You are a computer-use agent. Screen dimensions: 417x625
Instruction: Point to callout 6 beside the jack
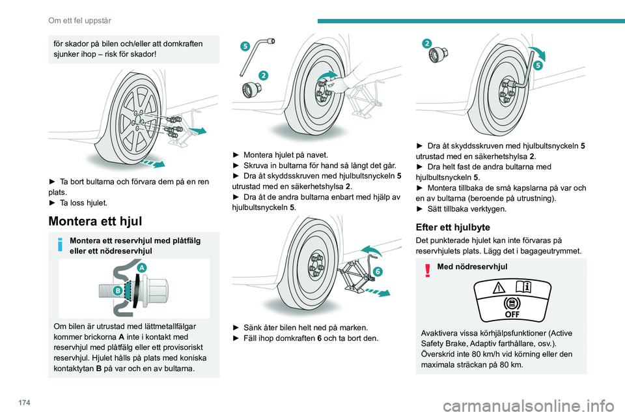(378, 270)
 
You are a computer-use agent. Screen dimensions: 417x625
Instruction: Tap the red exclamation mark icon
(428, 268)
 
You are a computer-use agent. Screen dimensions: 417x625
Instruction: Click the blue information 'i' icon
(60, 246)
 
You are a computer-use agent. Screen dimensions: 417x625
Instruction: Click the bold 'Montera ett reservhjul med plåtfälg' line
(135, 240)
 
